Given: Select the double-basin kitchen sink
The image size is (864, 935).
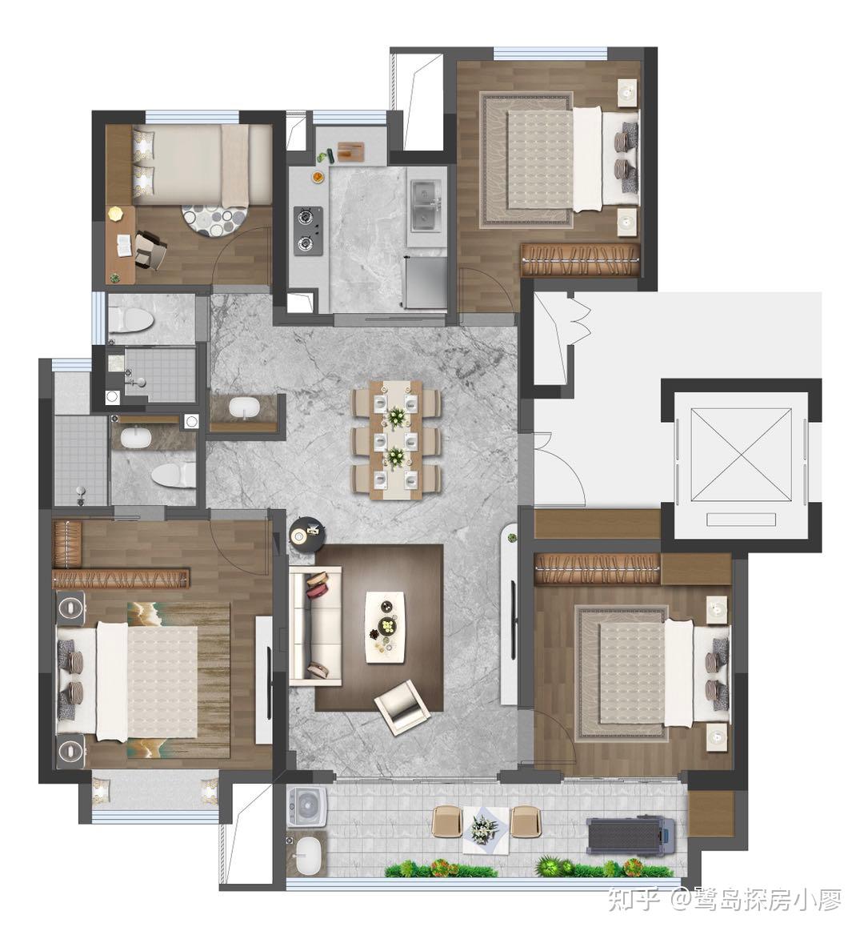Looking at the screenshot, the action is click(x=427, y=205).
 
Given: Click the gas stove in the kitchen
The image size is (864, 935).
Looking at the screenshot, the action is click(x=308, y=231).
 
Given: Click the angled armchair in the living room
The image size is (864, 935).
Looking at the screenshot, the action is click(x=402, y=706).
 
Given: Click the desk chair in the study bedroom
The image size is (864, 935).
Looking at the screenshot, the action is click(x=150, y=249).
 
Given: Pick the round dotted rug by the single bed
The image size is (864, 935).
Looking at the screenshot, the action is click(x=214, y=220).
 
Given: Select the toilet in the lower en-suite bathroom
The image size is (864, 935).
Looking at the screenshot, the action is click(x=172, y=475).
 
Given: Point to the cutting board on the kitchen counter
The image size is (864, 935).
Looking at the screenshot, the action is click(x=350, y=150).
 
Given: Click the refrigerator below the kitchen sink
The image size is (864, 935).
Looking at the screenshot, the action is click(x=426, y=282).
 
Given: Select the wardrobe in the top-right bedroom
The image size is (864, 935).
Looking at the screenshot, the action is click(x=580, y=259).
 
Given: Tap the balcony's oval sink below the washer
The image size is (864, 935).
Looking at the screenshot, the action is click(x=307, y=853).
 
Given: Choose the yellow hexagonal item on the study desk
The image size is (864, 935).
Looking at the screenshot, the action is click(x=115, y=213).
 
